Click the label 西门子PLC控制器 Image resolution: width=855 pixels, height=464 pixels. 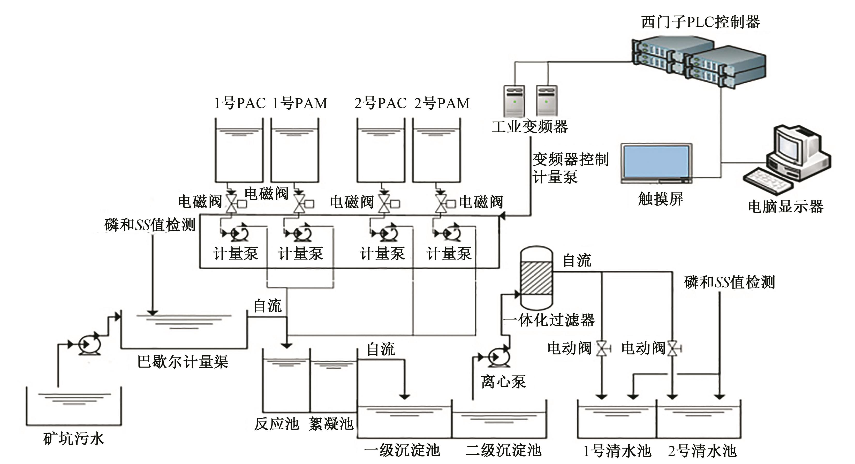click(x=700, y=22)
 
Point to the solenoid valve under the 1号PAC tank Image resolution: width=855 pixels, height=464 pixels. click(x=231, y=203)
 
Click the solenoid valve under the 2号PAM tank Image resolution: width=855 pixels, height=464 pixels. click(x=441, y=203)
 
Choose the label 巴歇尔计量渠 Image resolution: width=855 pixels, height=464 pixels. click(x=183, y=362)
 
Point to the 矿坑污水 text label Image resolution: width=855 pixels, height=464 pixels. click(x=74, y=439)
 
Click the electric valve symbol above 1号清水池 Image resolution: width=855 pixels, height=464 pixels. click(x=602, y=348)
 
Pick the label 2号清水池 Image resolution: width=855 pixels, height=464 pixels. click(x=702, y=451)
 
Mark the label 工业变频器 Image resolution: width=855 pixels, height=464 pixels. click(x=530, y=127)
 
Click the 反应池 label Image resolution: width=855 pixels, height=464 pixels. click(x=276, y=424)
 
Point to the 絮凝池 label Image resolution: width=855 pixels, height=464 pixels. click(x=331, y=424)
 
